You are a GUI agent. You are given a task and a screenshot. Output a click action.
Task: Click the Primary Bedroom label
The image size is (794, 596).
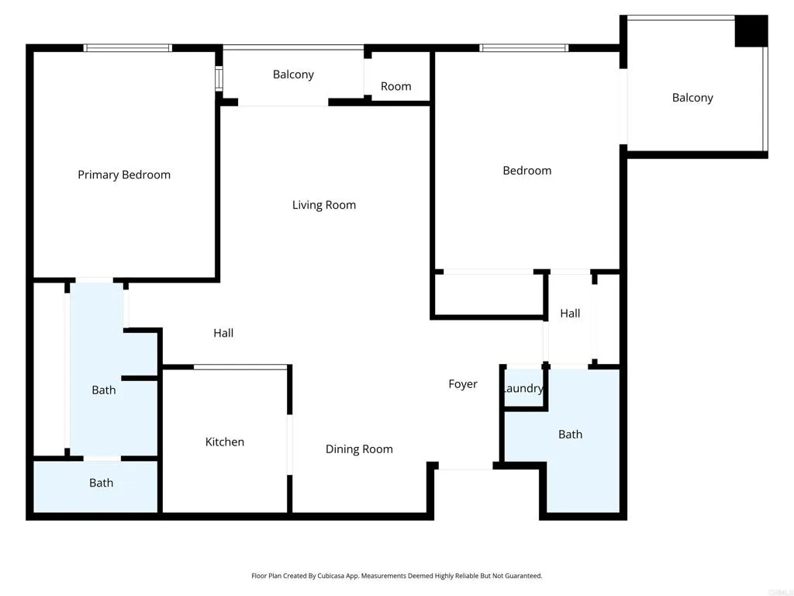click(124, 175)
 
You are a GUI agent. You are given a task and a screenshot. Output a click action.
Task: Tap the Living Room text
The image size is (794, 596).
click(324, 205)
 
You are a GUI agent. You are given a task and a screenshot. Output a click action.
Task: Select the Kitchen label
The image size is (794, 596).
click(225, 442)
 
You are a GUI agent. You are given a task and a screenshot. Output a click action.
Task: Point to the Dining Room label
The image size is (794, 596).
click(359, 449)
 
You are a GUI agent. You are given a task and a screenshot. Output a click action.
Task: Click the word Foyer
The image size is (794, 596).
click(463, 383)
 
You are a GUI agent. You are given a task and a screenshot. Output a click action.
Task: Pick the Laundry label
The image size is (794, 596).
click(523, 388)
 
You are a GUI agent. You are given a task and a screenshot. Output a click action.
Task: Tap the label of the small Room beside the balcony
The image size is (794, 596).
click(395, 86)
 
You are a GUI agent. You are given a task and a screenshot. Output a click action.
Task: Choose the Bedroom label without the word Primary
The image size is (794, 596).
click(527, 170)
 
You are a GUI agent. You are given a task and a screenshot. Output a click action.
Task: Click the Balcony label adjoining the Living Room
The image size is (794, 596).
click(293, 74)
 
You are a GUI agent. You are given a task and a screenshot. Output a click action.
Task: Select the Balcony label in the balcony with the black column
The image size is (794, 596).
click(692, 97)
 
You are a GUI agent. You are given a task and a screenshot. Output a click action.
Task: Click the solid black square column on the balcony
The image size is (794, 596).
click(751, 31)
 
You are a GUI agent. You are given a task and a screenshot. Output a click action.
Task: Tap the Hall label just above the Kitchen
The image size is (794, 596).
click(223, 333)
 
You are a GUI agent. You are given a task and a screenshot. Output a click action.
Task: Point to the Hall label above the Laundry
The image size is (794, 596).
click(570, 313)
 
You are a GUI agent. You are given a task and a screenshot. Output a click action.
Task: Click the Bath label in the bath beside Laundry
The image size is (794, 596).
click(570, 434)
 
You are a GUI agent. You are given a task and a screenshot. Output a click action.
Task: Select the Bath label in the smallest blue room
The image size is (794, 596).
click(101, 483)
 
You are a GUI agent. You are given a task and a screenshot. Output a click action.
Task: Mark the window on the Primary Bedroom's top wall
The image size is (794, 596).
click(128, 48)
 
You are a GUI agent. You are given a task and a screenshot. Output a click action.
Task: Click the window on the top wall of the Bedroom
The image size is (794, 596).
click(524, 48)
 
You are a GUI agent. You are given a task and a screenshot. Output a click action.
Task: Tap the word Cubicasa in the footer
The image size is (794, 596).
click(350, 576)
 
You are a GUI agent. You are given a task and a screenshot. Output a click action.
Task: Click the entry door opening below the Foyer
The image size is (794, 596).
click(464, 468)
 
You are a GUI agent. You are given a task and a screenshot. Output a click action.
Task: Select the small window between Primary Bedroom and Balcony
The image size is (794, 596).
click(219, 78)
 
